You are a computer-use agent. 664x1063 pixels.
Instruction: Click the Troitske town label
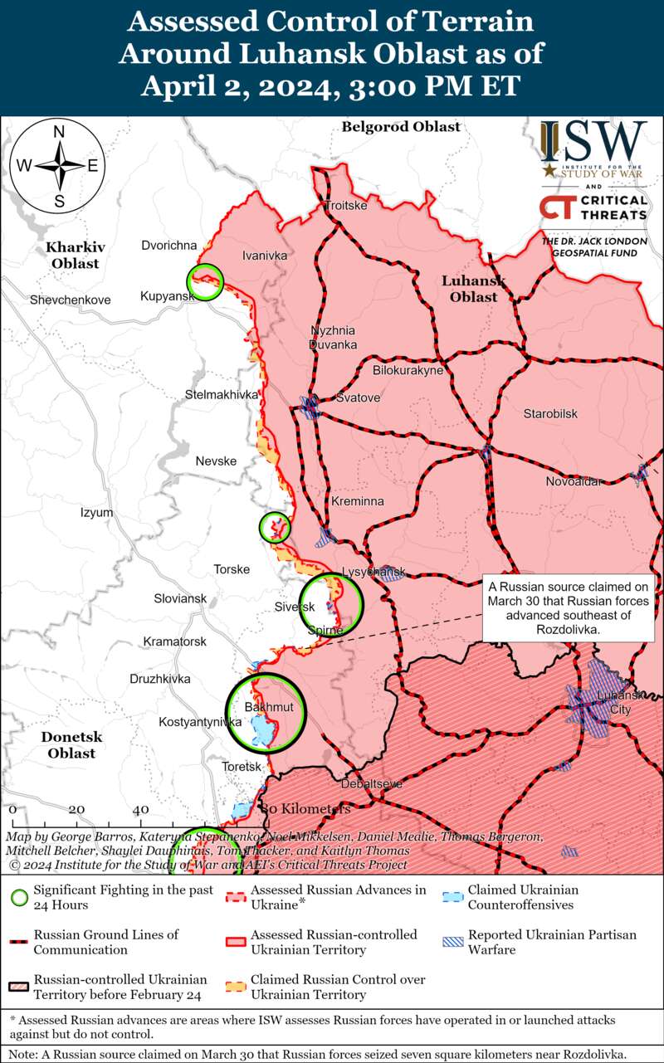[x=345, y=205]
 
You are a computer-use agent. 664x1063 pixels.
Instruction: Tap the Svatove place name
[x=358, y=398]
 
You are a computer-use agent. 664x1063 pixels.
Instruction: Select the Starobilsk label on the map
[x=550, y=413]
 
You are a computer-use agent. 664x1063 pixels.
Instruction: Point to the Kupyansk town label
[x=165, y=296]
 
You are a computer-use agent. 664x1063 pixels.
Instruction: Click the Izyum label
[x=96, y=513]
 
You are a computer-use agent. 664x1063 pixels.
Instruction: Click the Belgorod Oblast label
[x=401, y=127]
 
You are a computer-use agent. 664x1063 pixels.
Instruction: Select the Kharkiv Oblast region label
[x=72, y=255]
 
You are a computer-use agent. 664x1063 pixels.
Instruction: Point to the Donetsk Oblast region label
[x=71, y=744]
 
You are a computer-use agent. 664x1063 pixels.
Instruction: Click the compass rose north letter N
[x=60, y=133]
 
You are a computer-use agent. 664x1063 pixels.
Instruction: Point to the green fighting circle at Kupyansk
[x=205, y=282]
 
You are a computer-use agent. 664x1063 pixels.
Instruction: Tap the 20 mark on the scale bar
[x=76, y=809]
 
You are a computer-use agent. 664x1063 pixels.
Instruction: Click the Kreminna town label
[x=358, y=502]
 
